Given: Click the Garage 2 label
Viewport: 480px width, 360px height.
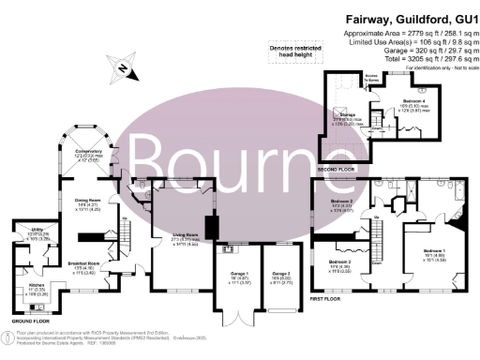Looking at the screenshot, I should (x=280, y=275).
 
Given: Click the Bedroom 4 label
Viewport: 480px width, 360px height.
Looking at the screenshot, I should (x=415, y=99).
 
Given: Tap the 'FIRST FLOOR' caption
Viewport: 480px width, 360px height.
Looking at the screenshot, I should (x=328, y=302).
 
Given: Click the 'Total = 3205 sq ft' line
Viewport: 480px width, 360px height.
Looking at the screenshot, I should (x=408, y=59).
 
